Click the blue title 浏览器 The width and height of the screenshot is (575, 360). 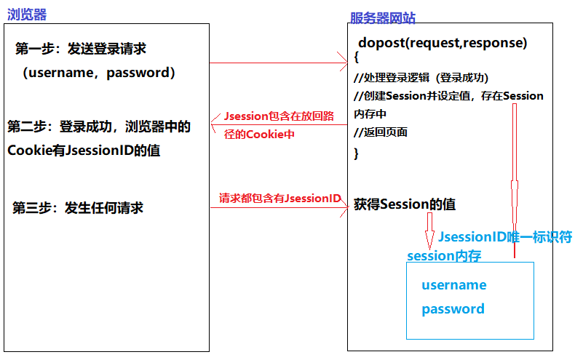(x=27, y=14)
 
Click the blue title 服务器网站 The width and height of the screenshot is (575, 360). (x=382, y=18)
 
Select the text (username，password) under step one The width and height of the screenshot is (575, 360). (x=98, y=73)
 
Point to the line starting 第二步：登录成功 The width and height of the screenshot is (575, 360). (x=99, y=127)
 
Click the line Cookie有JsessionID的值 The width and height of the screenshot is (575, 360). (x=84, y=151)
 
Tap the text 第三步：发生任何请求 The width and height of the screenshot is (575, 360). (x=78, y=208)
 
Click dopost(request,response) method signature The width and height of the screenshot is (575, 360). (x=443, y=43)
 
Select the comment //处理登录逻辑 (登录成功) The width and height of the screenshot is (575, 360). (x=421, y=78)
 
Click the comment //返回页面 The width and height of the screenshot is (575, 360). (x=381, y=132)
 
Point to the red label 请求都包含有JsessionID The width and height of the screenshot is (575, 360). (x=280, y=198)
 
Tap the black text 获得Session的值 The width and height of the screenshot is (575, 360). (x=405, y=204)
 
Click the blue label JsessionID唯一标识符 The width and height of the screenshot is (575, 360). (x=504, y=237)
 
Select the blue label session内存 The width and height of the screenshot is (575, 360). (x=444, y=255)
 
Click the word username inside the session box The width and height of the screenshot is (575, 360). (x=453, y=285)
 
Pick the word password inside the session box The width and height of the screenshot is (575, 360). (x=453, y=309)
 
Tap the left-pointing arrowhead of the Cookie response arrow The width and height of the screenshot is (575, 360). (x=215, y=125)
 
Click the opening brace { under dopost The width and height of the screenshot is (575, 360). (x=356, y=57)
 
